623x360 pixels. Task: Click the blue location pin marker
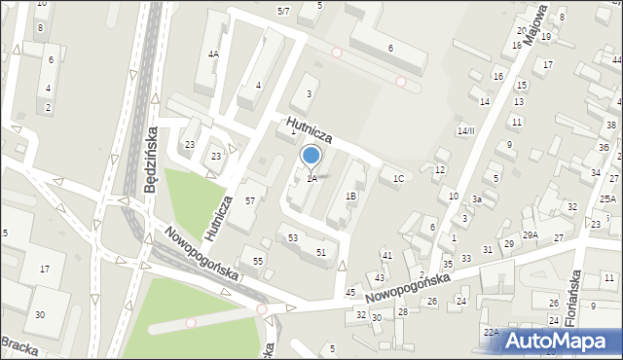pyautogui.click(x=311, y=156)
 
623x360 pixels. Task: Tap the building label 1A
pyautogui.click(x=311, y=178)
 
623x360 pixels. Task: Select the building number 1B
pyautogui.click(x=350, y=196)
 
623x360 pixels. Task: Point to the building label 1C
pyautogui.click(x=397, y=178)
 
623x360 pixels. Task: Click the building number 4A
pyautogui.click(x=212, y=54)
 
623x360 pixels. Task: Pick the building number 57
pyautogui.click(x=250, y=200)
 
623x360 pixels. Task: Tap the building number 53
pyautogui.click(x=292, y=237)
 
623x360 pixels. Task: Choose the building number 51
pyautogui.click(x=320, y=252)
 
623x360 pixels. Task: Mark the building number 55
pyautogui.click(x=258, y=261)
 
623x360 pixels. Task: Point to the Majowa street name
pyautogui.click(x=532, y=28)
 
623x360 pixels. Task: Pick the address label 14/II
pyautogui.click(x=466, y=130)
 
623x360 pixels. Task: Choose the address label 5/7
pyautogui.click(x=283, y=11)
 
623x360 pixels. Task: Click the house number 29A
pyautogui.click(x=530, y=234)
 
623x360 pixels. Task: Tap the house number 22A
pyautogui.click(x=491, y=332)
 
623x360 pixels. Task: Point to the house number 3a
pyautogui.click(x=477, y=198)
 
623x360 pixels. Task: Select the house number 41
pyautogui.click(x=386, y=255)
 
